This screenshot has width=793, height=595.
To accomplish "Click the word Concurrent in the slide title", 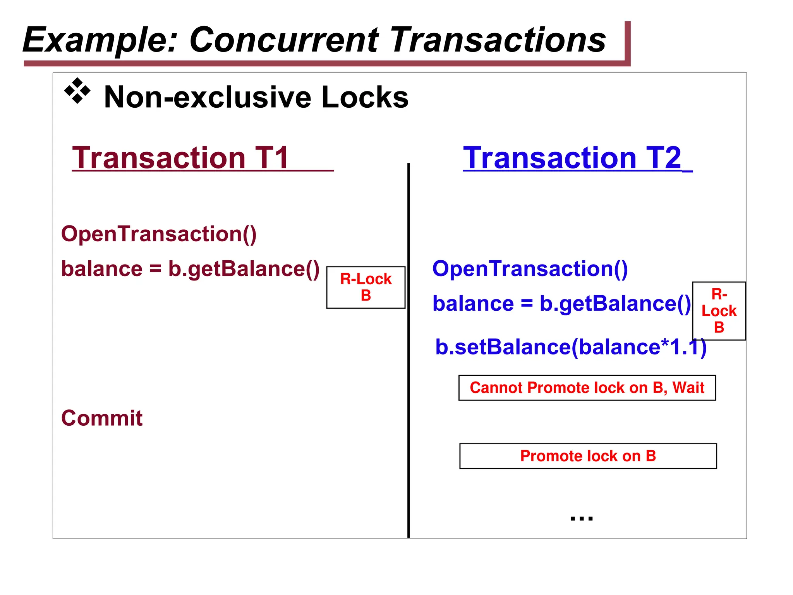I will [284, 40].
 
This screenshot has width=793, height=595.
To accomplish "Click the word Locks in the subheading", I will [365, 97].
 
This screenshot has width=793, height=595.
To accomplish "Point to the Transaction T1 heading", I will [180, 158].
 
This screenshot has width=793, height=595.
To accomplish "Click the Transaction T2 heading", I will [572, 158].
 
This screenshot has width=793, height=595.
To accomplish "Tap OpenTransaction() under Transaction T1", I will [159, 234].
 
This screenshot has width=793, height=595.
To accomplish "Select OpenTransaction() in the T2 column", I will [530, 269].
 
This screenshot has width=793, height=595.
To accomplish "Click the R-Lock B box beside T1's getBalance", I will [366, 287].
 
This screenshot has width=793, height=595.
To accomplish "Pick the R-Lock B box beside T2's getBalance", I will [719, 311].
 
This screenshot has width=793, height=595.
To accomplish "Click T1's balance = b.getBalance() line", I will [190, 269].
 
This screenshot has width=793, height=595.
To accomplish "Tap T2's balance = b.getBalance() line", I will [561, 304].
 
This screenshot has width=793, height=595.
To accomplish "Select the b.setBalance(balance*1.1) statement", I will [571, 347].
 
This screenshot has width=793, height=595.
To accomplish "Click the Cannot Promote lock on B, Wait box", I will [587, 388].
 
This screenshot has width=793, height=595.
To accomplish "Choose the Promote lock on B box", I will [588, 456].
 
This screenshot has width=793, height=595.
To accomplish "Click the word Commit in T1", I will [102, 418].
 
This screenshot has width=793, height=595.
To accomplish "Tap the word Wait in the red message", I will [688, 388].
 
